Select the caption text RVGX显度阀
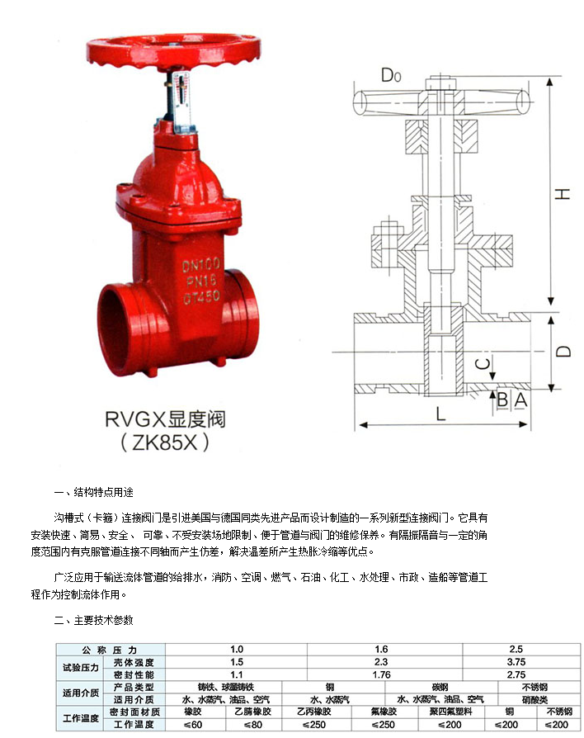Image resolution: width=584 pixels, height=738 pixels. click(164, 419)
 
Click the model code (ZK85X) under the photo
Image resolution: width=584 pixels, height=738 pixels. click(165, 442)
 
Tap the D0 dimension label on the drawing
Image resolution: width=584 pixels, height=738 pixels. click(391, 77)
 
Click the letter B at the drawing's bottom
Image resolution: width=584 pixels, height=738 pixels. click(502, 400)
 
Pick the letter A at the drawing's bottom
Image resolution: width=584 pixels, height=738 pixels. click(519, 400)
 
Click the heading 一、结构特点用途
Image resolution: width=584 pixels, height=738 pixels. click(93, 490)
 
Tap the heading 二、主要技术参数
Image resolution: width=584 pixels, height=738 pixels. click(93, 619)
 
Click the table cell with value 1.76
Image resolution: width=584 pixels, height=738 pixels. click(381, 674)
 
